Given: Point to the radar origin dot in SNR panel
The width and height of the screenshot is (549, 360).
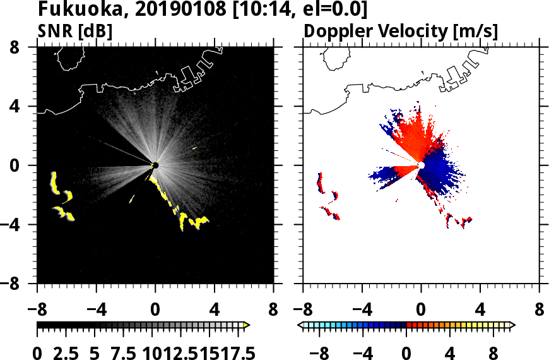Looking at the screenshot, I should (x=155, y=165).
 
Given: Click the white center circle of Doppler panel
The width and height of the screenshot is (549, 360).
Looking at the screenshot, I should (x=421, y=165).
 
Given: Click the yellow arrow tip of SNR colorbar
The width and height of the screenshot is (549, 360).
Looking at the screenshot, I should (x=247, y=325).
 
